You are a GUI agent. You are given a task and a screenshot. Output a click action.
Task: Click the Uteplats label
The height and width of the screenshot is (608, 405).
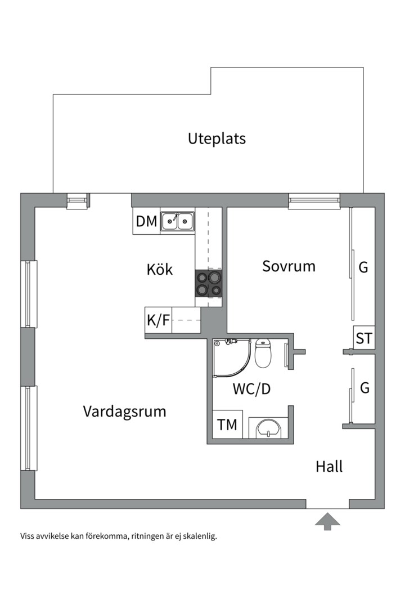point(217,138)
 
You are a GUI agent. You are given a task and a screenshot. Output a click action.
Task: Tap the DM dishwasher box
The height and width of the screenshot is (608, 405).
point(146,221)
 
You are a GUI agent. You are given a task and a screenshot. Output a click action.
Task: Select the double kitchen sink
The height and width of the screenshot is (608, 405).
point(178,221)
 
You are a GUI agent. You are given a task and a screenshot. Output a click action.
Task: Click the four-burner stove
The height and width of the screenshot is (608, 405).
point(208,283)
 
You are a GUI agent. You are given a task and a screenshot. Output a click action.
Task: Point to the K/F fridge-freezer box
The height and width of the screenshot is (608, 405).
point(158,320)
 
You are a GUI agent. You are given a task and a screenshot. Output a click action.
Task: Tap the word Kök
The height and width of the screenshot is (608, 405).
point(160,270)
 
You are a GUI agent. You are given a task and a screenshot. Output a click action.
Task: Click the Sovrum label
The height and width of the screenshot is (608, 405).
point(289,266)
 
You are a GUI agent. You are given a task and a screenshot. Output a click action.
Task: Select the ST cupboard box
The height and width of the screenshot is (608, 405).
point(364,338)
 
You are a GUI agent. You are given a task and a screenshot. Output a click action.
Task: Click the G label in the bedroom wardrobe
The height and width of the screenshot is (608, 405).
point(363,267)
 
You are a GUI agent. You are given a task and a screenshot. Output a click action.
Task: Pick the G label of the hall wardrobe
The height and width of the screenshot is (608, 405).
point(364,388)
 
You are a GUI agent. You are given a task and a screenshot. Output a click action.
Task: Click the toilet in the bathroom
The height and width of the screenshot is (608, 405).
point(263,352)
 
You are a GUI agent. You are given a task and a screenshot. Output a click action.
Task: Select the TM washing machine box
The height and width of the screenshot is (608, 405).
point(227,425)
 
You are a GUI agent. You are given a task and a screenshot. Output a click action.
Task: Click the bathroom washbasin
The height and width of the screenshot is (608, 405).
point(268,428)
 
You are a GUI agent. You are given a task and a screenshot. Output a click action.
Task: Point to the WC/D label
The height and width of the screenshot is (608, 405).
point(251,389)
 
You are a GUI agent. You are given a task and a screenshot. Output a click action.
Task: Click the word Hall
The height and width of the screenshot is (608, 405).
point(329,466)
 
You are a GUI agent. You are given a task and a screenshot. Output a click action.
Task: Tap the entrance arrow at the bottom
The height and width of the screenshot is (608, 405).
point(327,521)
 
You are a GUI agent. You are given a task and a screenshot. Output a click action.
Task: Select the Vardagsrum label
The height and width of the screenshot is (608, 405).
point(124,411)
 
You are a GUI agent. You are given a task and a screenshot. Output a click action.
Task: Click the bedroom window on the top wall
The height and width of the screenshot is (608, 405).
point(314,200)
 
